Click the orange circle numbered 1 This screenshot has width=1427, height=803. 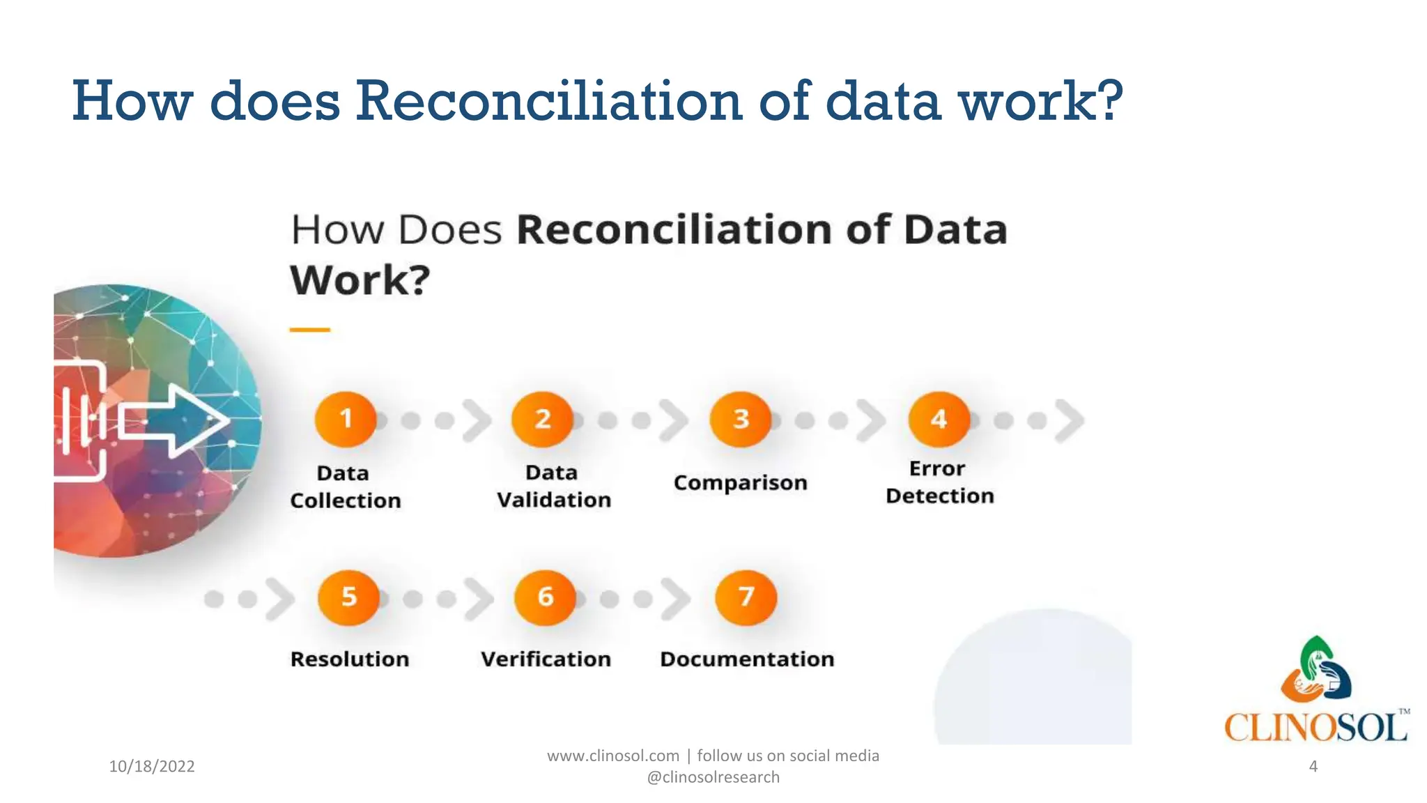click(346, 419)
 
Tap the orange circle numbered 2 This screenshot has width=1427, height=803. click(543, 419)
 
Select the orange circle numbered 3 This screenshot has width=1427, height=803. click(741, 419)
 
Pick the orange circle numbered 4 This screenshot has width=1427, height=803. click(939, 419)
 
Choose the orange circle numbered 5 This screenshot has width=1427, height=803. click(348, 597)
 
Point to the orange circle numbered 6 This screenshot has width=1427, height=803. click(546, 597)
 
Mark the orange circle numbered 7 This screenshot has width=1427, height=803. click(746, 597)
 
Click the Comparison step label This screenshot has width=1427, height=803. click(740, 483)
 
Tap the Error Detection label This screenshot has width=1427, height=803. click(939, 482)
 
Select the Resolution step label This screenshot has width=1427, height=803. click(350, 659)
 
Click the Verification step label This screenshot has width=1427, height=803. click(546, 659)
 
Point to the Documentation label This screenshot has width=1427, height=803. click(747, 659)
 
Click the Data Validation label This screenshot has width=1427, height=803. click(553, 487)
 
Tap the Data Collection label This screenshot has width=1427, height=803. click(345, 487)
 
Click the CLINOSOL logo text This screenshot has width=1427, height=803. click(1316, 728)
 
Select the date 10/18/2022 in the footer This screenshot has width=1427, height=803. click(152, 767)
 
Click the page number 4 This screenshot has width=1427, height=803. click(1313, 767)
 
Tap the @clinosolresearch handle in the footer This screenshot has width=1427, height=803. click(713, 777)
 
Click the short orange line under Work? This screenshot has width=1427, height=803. click(309, 330)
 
